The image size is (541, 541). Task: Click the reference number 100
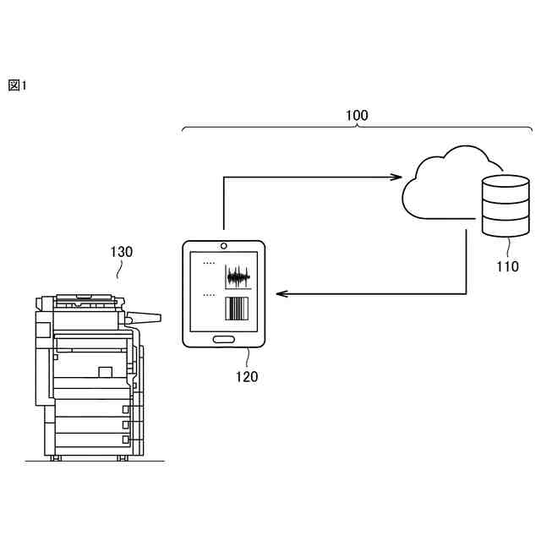pyautogui.click(x=358, y=116)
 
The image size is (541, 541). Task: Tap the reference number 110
pyautogui.click(x=507, y=267)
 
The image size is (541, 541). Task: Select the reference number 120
pyautogui.click(x=247, y=377)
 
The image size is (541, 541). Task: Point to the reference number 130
pyautogui.click(x=121, y=251)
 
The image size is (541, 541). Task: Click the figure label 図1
pyautogui.click(x=18, y=85)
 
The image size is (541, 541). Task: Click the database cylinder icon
pyautogui.click(x=504, y=205)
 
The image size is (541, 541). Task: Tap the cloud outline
pyautogui.click(x=440, y=186)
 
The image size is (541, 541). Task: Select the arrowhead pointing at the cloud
pyautogui.click(x=396, y=178)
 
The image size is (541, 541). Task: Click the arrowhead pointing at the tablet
pyautogui.click(x=282, y=294)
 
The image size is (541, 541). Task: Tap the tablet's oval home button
pyautogui.click(x=224, y=339)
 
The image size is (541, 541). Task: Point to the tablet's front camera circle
pyautogui.click(x=224, y=246)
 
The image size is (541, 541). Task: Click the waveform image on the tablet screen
pyautogui.click(x=238, y=276)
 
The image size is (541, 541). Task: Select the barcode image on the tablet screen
pyautogui.click(x=238, y=308)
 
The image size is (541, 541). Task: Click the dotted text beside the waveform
pyautogui.click(x=209, y=263)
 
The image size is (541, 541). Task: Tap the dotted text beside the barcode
pyautogui.click(x=209, y=296)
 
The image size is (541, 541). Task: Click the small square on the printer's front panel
pyautogui.click(x=105, y=372)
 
